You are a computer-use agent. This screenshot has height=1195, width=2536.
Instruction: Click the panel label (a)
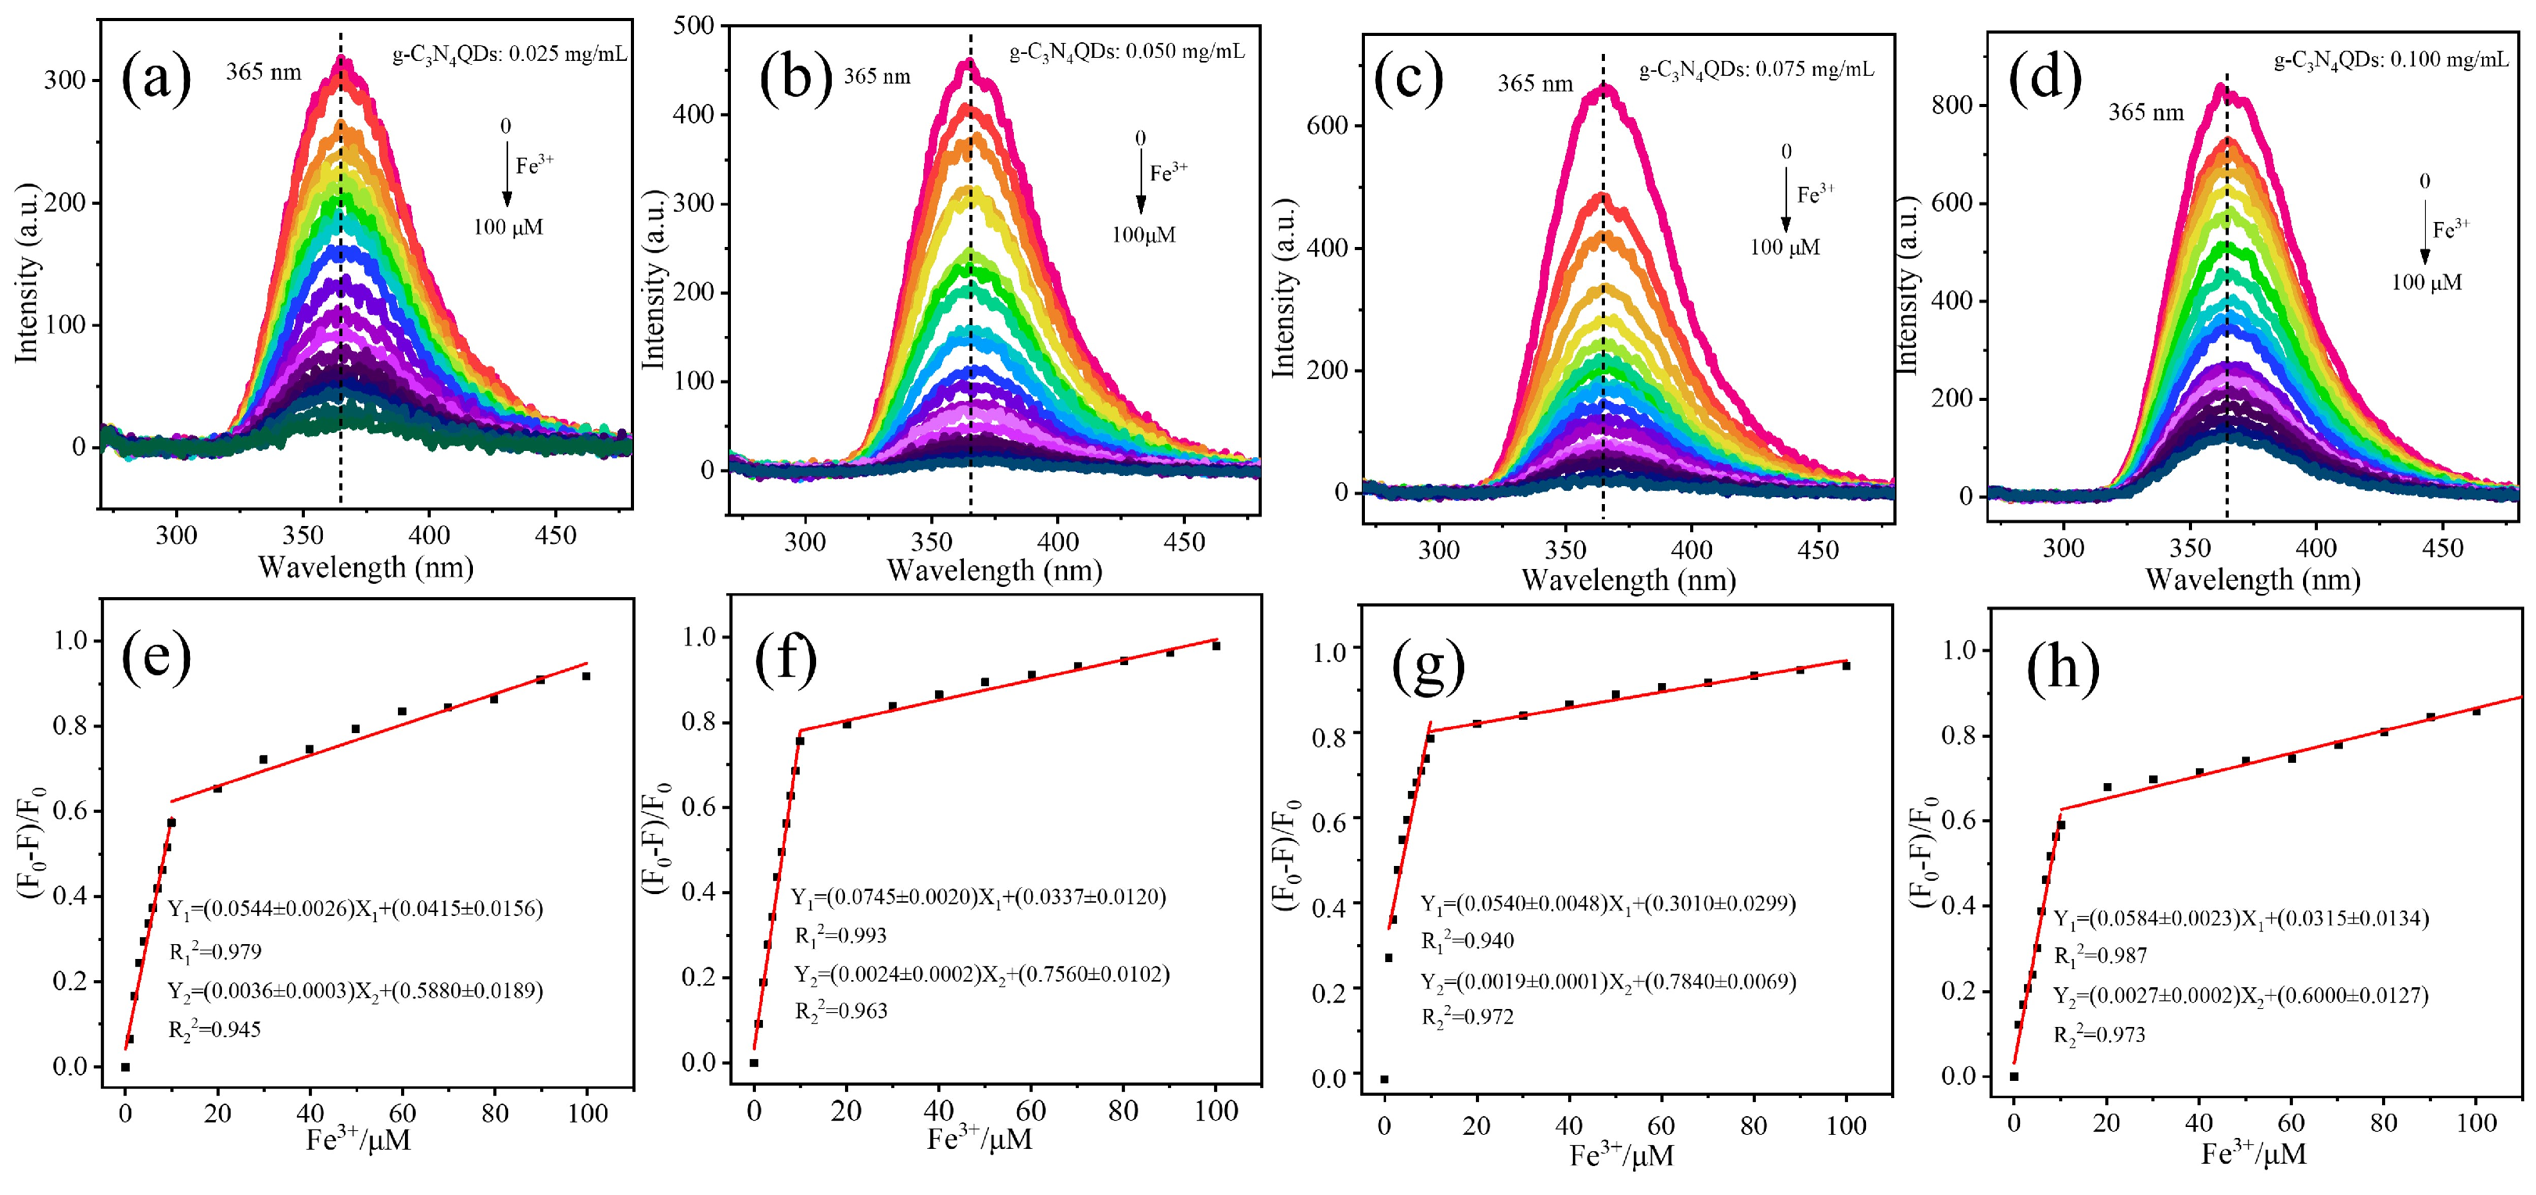(x=156, y=79)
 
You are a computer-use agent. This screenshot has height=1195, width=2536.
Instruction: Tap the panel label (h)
(x=2061, y=668)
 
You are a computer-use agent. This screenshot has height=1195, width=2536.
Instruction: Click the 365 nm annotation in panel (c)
(x=1535, y=84)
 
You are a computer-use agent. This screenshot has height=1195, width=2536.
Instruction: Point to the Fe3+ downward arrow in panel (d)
(x=2425, y=231)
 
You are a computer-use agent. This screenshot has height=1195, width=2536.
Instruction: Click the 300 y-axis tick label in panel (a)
(x=65, y=80)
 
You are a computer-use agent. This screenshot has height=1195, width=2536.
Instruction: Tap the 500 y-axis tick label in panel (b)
(x=694, y=26)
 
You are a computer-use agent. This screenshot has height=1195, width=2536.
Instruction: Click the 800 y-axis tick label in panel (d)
(x=1952, y=106)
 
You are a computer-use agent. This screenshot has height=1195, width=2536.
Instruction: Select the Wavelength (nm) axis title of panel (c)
(x=1628, y=580)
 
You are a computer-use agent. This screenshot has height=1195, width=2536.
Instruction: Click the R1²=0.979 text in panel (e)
(x=215, y=952)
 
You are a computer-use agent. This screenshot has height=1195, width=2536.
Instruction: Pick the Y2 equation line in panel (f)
(x=982, y=975)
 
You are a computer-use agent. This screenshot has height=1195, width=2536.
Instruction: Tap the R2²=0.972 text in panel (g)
(x=1467, y=1017)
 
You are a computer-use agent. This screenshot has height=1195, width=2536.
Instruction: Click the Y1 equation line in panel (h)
(x=2240, y=919)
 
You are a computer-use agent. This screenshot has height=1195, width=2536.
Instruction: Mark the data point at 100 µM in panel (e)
(x=586, y=676)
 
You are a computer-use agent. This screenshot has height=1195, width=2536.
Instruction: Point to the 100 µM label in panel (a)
(x=508, y=227)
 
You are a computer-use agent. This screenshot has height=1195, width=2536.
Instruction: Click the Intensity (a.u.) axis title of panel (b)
(x=653, y=281)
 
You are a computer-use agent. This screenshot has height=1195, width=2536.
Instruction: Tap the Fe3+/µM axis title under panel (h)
(x=2254, y=1154)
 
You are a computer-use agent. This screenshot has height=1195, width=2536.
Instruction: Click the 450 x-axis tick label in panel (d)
(x=2441, y=549)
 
